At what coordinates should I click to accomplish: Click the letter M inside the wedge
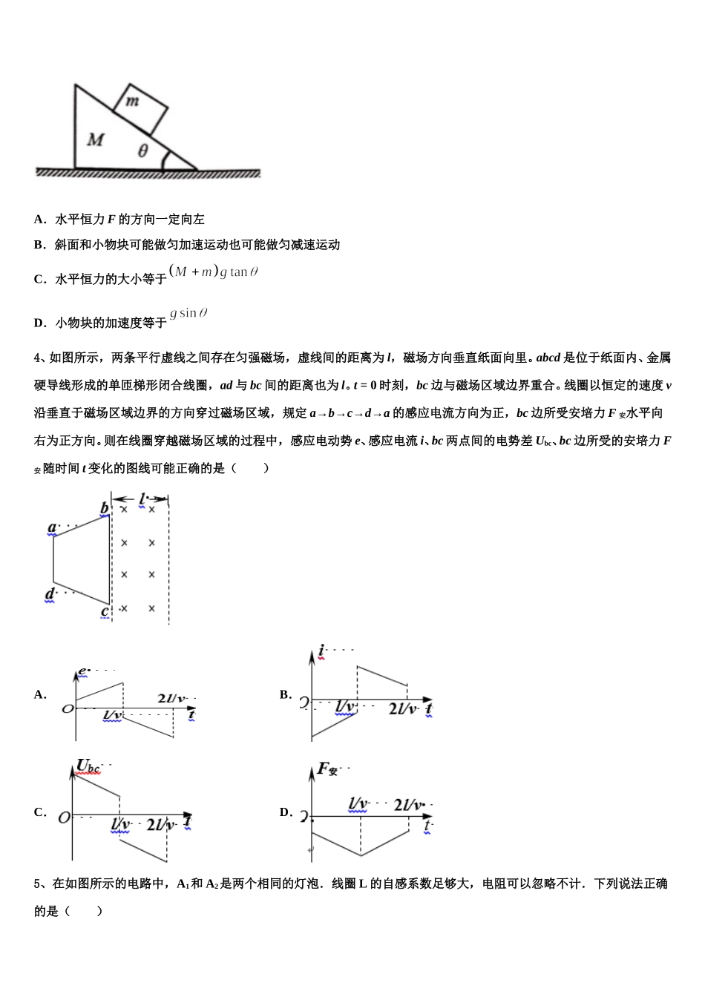(96, 139)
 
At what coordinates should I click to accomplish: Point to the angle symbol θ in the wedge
(142, 151)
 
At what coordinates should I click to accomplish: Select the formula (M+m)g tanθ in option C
(214, 272)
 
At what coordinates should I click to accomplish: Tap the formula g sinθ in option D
(188, 313)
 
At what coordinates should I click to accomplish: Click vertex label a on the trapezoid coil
(52, 528)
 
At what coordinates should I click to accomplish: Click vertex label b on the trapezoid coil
(105, 508)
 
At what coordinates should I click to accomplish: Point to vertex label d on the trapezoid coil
(50, 593)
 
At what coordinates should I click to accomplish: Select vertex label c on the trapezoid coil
(105, 612)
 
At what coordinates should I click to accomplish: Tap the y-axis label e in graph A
(82, 671)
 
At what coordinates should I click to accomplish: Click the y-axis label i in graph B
(321, 652)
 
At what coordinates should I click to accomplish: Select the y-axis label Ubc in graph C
(88, 766)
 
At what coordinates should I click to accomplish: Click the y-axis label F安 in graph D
(327, 769)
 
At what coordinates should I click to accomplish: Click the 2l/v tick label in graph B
(403, 709)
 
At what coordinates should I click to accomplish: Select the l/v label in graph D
(358, 803)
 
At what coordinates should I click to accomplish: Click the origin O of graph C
(65, 817)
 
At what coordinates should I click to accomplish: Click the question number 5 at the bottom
(38, 884)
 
